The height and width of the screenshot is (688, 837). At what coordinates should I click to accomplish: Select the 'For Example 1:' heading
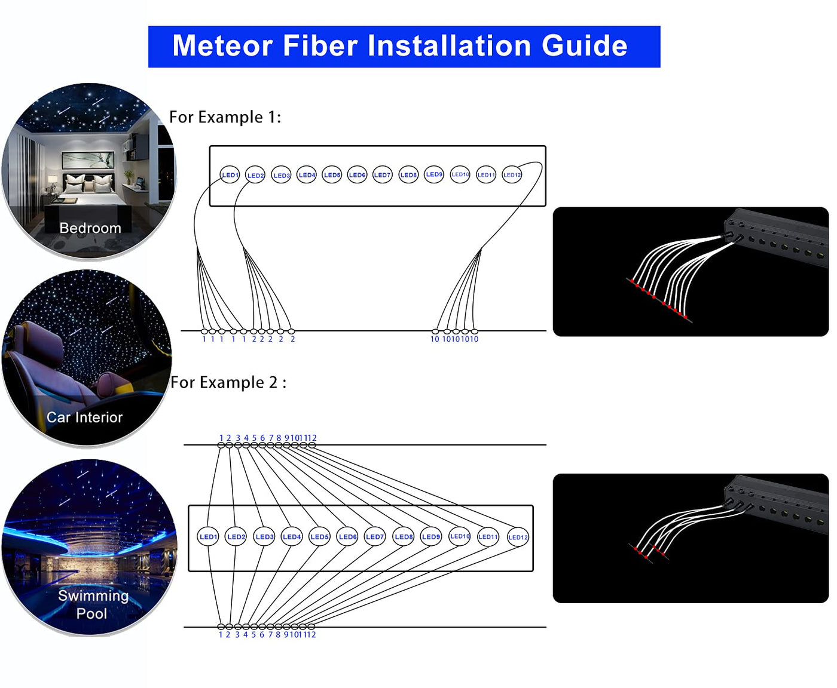[x=225, y=117]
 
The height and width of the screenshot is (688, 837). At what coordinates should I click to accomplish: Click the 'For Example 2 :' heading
[x=228, y=382]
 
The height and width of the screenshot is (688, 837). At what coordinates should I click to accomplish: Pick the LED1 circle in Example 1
[x=230, y=175]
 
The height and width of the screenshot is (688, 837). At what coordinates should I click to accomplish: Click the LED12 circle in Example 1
[x=512, y=175]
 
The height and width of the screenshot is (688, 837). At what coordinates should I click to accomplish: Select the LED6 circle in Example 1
[x=357, y=175]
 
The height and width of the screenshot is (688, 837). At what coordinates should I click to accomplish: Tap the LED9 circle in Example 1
[x=434, y=174]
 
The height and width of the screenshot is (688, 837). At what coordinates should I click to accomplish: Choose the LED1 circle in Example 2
[x=208, y=537]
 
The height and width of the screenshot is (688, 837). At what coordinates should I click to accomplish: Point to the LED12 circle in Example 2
[x=518, y=537]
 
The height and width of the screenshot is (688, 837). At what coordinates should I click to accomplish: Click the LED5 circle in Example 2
[x=319, y=537]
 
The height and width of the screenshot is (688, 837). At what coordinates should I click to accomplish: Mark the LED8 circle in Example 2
[x=404, y=537]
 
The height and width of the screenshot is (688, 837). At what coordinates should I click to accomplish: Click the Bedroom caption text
[x=90, y=228]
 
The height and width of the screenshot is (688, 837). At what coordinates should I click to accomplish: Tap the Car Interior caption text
[x=84, y=417]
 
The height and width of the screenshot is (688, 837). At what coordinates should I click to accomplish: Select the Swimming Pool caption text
[x=93, y=604]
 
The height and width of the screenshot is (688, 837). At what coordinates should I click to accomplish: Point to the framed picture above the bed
[x=88, y=160]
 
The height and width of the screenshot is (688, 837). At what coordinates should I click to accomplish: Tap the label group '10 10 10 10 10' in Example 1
[x=454, y=339]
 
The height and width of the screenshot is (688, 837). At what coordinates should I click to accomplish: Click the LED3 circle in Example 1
[x=281, y=175]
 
